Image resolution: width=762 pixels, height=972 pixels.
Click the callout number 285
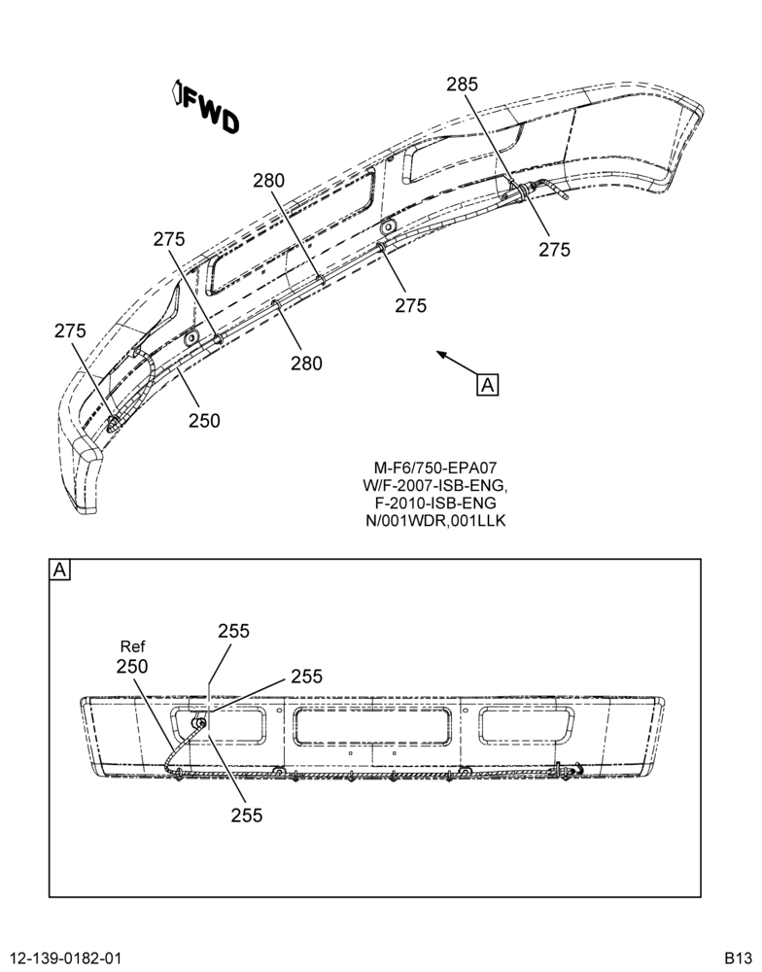click(463, 85)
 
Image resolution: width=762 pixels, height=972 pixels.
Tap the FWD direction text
click(211, 111)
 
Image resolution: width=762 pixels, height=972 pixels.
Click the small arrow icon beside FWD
click(176, 91)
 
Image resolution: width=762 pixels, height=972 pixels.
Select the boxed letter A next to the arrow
click(488, 384)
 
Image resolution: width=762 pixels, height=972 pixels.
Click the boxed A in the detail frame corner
click(59, 569)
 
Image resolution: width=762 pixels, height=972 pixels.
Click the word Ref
click(132, 647)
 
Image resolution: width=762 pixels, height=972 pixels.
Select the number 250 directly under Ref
click(132, 667)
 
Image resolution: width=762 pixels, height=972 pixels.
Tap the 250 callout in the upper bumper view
click(204, 421)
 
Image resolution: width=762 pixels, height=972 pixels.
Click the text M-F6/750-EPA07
click(435, 468)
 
